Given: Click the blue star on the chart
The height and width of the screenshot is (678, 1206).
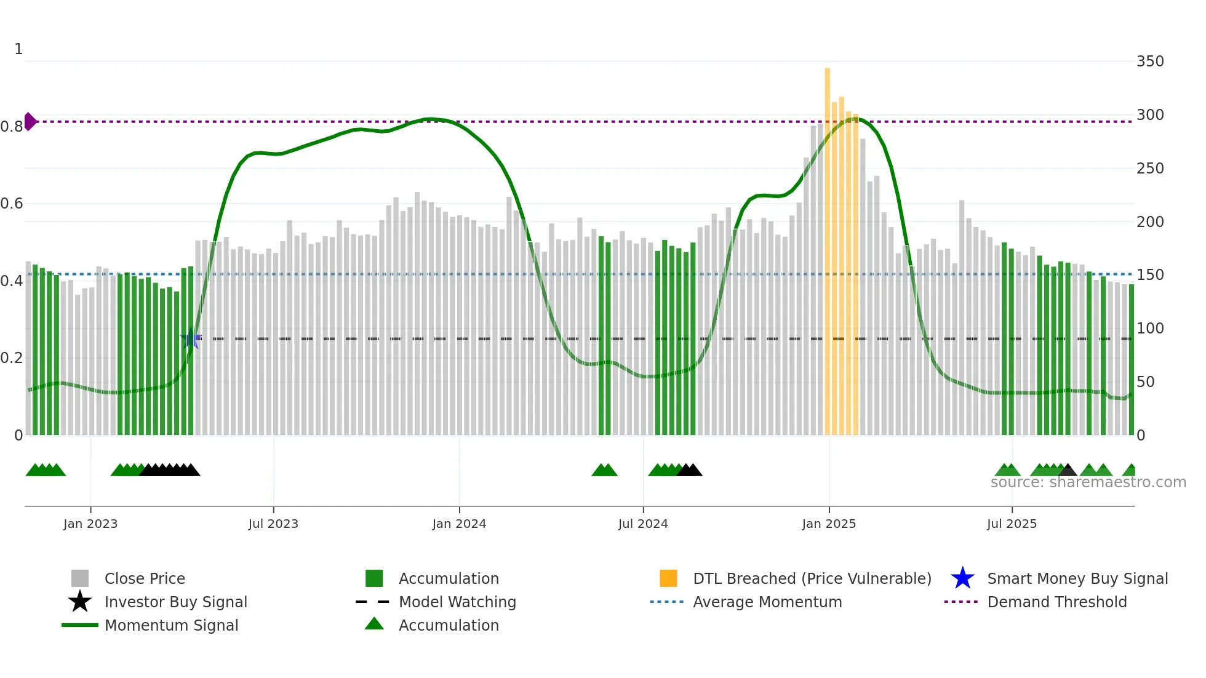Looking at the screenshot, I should [191, 338].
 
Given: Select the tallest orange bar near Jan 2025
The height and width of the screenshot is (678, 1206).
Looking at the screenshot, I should [827, 246].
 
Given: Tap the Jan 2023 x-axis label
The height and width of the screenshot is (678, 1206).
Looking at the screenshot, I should [90, 524].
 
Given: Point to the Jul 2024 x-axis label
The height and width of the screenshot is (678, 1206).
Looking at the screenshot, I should [643, 524].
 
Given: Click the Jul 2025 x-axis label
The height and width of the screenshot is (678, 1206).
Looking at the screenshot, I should [1012, 524].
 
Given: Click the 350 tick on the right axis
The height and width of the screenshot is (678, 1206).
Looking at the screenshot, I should [1150, 62].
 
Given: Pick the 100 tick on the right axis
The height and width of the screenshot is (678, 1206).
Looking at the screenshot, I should [1150, 329].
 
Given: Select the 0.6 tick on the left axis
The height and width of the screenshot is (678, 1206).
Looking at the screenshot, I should [12, 204].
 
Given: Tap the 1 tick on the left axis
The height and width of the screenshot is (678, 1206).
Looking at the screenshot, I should [18, 49].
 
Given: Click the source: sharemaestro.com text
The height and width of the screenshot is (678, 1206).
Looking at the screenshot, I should [1088, 482].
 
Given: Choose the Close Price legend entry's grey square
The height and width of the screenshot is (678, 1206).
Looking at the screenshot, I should [80, 578].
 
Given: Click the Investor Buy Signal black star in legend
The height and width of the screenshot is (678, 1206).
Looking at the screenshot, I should [80, 602].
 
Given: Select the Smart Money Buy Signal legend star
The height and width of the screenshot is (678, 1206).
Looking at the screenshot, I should [962, 578].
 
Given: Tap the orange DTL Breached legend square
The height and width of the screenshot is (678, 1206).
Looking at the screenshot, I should [668, 578].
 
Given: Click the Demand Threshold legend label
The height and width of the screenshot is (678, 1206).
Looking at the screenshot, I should [1056, 602].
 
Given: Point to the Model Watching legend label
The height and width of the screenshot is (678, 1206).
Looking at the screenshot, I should [457, 602].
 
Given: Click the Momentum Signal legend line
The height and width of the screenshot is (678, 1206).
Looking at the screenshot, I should [80, 625].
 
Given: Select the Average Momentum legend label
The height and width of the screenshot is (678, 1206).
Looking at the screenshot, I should [767, 602].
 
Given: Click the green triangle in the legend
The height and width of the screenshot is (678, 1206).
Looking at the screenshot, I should [374, 624].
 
